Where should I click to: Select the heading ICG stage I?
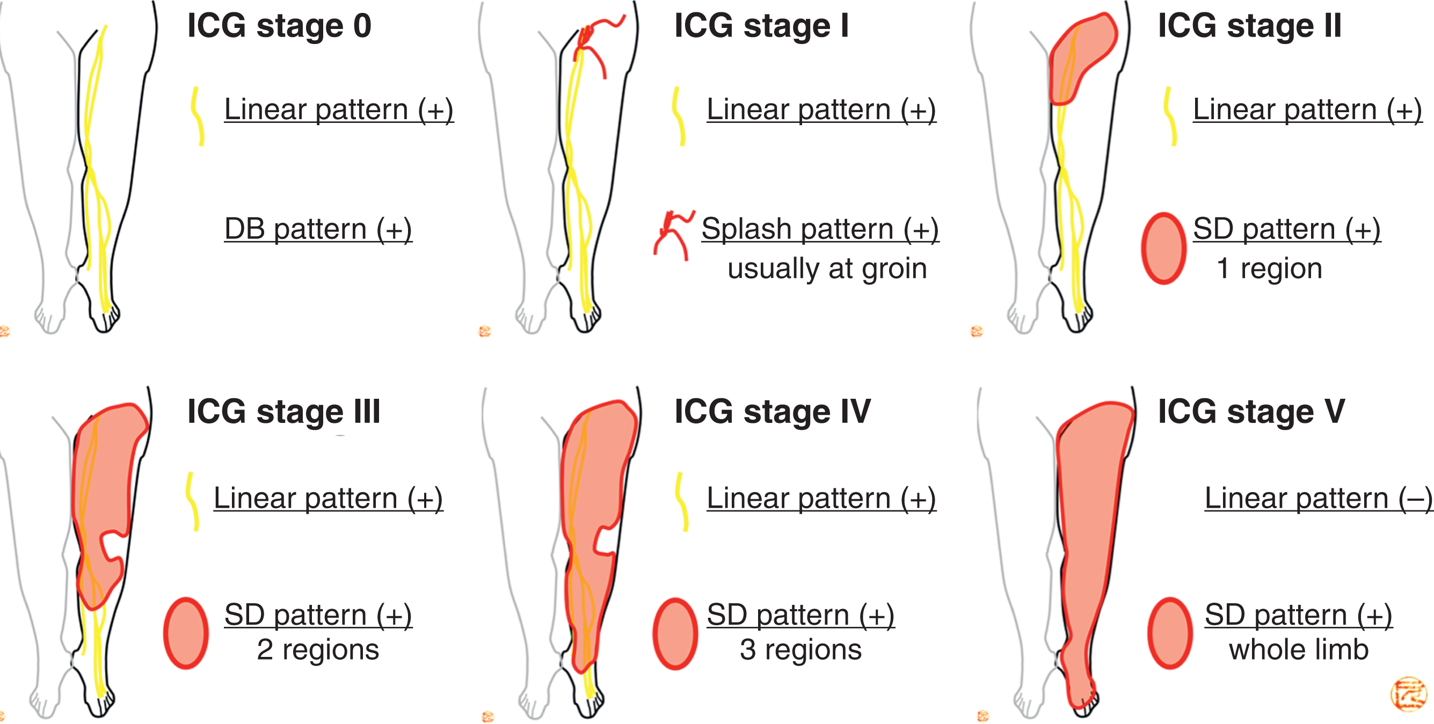click(761, 26)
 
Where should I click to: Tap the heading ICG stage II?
click(1249, 26)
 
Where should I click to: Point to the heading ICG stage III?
click(283, 412)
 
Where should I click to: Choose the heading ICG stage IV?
click(772, 412)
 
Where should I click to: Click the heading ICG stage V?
click(1251, 412)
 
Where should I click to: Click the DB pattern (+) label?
click(318, 229)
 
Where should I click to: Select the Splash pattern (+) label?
click(819, 229)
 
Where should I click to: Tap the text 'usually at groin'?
click(827, 269)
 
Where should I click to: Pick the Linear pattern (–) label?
click(1317, 498)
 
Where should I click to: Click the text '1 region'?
click(1269, 269)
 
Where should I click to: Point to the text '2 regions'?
click(318, 649)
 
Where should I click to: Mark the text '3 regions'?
click(800, 649)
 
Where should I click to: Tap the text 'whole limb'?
click(1298, 649)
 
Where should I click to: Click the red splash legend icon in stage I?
click(673, 233)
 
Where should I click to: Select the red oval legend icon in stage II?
click(1163, 248)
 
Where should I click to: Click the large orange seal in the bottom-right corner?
click(1408, 694)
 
